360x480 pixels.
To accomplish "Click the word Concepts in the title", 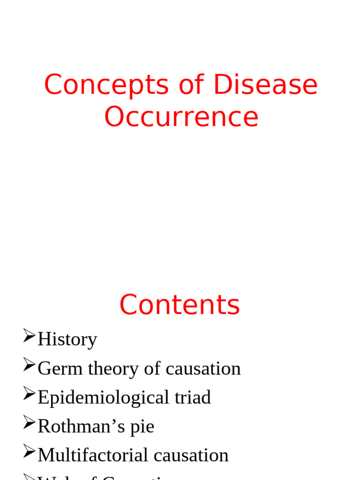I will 106,85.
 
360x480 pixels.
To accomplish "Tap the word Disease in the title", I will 265,85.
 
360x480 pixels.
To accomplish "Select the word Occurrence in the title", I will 181,117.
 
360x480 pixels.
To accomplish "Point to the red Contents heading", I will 180,305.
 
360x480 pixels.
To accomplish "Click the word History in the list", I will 67,339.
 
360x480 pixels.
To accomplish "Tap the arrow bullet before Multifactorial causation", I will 29,452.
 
